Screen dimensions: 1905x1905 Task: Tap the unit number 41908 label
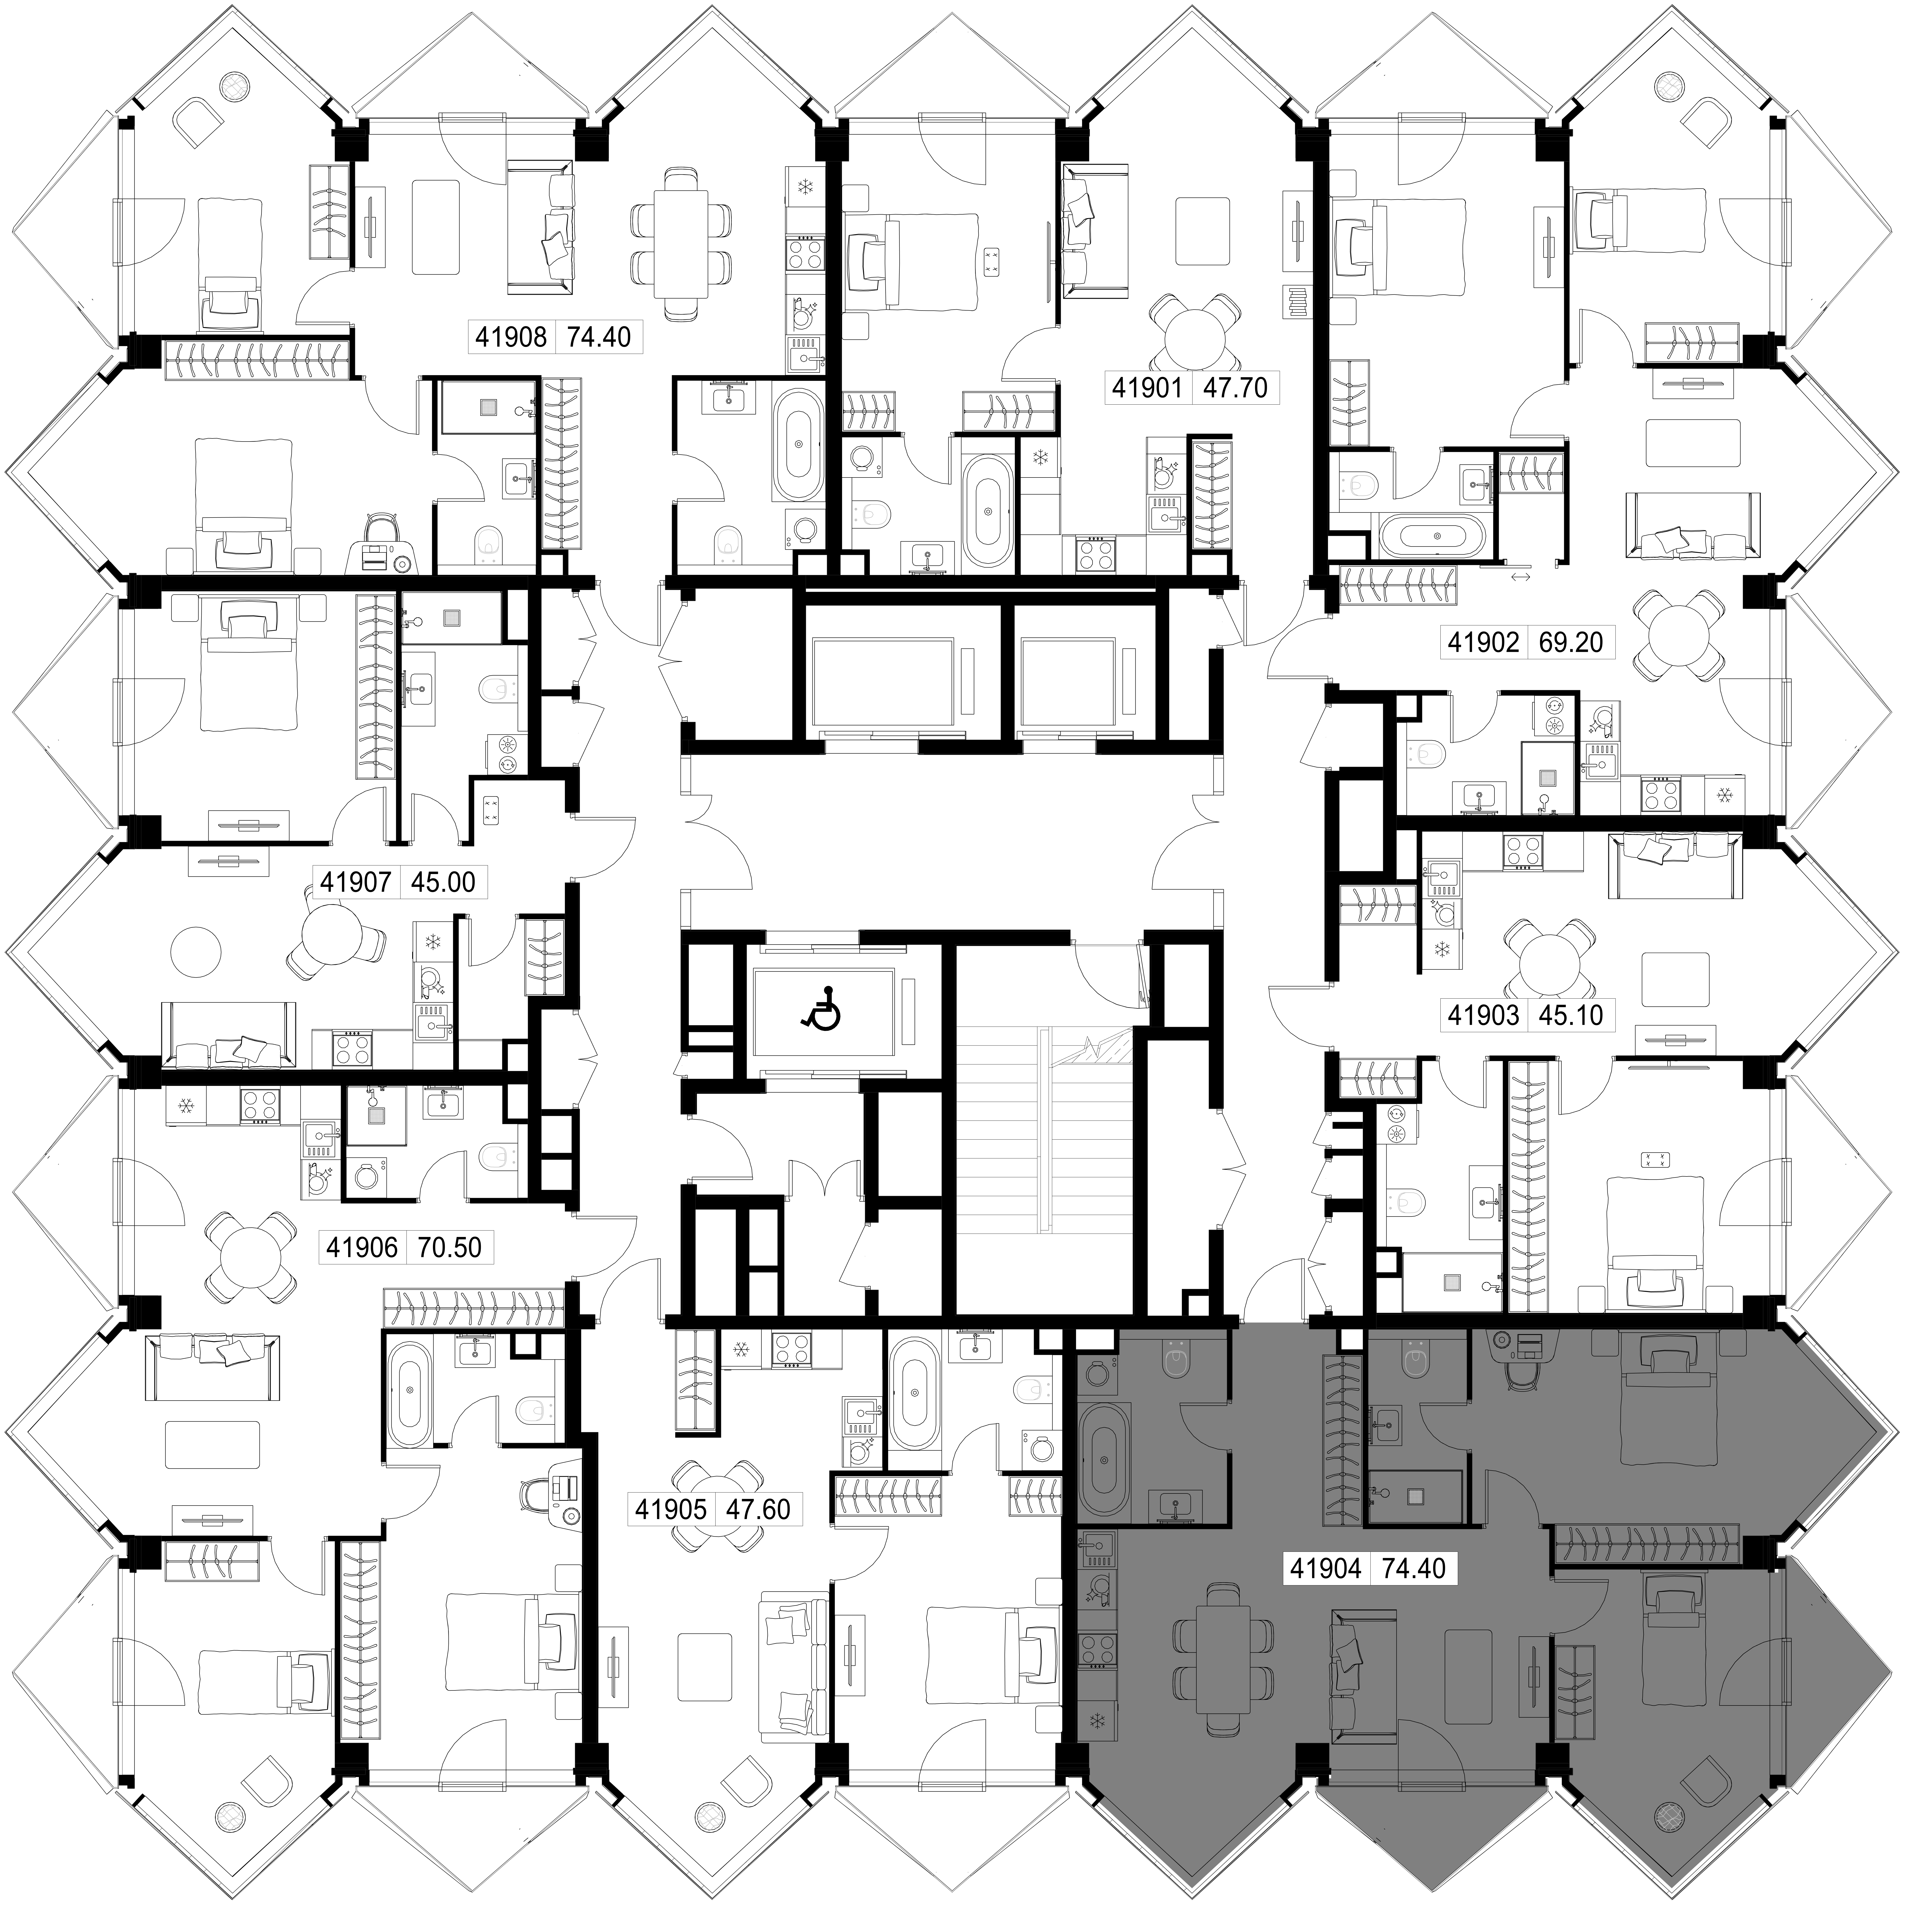coord(511,337)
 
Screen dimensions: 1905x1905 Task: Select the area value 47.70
coord(1235,387)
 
